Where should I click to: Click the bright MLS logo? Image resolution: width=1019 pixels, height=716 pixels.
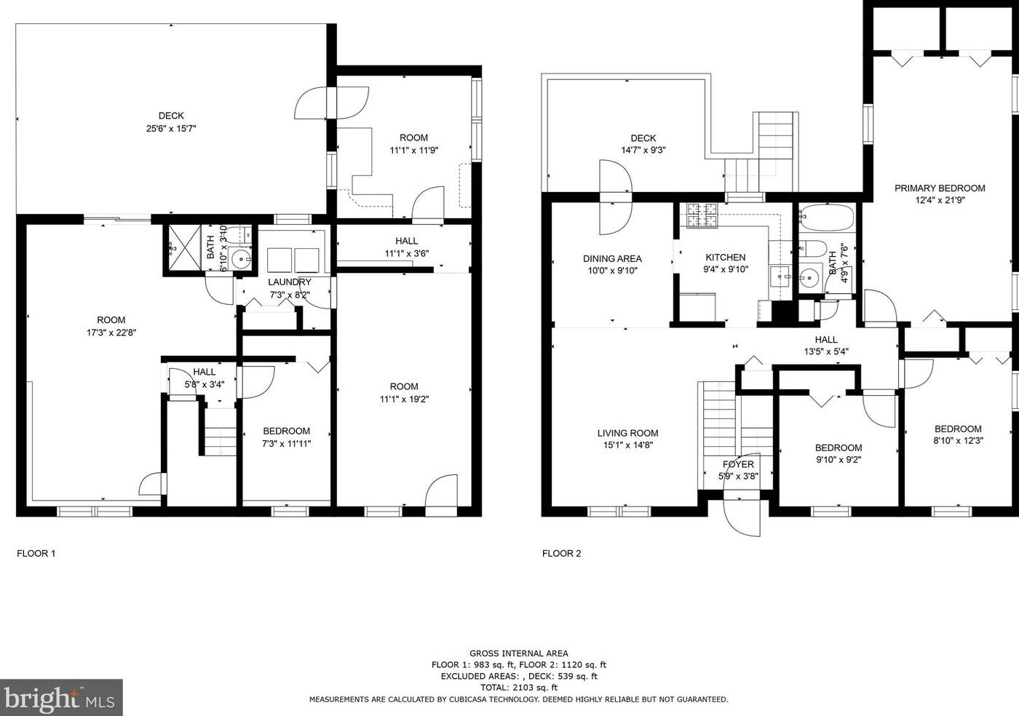coord(61,697)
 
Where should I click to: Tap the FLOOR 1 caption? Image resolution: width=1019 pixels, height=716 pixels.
coord(36,553)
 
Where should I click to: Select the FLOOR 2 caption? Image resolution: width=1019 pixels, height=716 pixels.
coord(561,553)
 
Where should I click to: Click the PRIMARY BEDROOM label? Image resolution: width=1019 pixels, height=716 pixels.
coord(940,188)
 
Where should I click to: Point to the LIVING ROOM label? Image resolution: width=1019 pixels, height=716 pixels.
coord(627,433)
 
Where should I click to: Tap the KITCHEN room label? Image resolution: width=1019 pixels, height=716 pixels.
coord(725,257)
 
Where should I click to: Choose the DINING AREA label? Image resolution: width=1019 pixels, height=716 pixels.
coord(612,258)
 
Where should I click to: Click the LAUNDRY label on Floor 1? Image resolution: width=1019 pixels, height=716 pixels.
coord(289,282)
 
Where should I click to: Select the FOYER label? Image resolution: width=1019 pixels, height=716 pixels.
coord(738,464)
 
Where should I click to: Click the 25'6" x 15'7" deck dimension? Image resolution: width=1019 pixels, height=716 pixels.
coord(171,128)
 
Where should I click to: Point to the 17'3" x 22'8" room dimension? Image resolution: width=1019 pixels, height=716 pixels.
coord(111,333)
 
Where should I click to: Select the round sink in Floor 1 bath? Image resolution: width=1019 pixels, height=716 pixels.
coord(240,258)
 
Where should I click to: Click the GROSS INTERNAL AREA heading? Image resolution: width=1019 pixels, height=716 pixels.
coord(518,653)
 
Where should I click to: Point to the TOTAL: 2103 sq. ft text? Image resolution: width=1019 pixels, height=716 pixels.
coord(518,687)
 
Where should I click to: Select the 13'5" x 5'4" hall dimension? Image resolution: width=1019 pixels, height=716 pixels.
coord(825,351)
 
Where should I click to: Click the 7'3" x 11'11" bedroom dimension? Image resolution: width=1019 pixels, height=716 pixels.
coord(286,443)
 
